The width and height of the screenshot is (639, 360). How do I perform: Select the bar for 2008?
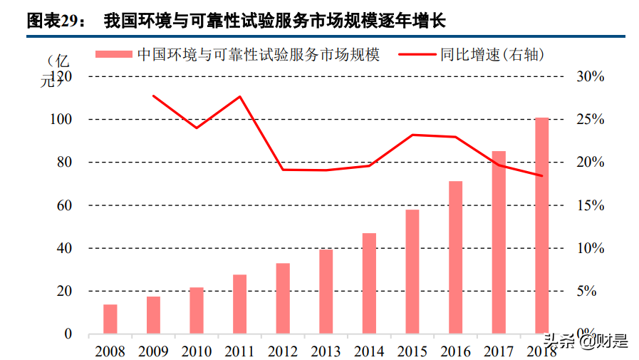click(x=110, y=319)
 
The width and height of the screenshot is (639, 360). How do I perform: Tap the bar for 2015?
click(x=412, y=272)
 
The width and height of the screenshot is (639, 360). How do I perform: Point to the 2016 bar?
click(x=456, y=257)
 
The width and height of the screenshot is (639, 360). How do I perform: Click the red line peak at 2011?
click(x=239, y=96)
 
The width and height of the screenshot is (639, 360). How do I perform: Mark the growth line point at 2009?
click(x=153, y=96)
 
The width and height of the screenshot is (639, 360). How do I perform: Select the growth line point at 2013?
click(x=326, y=170)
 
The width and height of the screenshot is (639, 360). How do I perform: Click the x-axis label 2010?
click(x=197, y=351)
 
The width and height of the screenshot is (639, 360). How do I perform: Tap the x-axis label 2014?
click(x=369, y=351)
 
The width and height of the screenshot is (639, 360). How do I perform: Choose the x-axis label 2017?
click(x=499, y=351)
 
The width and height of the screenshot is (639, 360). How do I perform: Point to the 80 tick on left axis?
click(x=63, y=163)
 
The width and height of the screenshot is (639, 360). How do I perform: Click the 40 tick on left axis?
click(x=63, y=248)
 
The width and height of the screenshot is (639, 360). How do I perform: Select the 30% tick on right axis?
click(x=589, y=76)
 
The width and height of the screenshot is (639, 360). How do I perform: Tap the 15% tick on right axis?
click(x=589, y=205)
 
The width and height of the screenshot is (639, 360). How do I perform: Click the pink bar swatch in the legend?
click(x=114, y=54)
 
